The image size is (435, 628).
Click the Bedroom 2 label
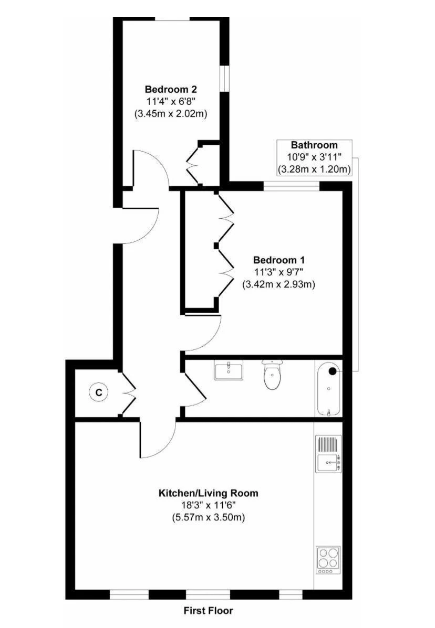[x=171, y=89]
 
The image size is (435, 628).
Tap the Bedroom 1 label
[x=278, y=260]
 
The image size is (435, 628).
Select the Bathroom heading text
[x=314, y=145]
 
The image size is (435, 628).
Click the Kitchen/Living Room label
[x=209, y=493]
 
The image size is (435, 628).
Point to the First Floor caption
[x=209, y=610]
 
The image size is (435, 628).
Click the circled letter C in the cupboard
[x=99, y=392]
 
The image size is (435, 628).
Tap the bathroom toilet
[x=273, y=375]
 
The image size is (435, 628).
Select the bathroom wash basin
[x=229, y=370]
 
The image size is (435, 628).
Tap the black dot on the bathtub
[x=333, y=371]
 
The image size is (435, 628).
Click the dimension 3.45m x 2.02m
[x=171, y=114]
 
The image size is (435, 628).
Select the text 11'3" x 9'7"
[x=278, y=272]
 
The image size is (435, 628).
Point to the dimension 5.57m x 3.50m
[x=209, y=517]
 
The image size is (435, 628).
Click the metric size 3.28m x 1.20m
[x=314, y=169]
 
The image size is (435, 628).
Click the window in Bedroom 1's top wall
[x=292, y=186]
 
